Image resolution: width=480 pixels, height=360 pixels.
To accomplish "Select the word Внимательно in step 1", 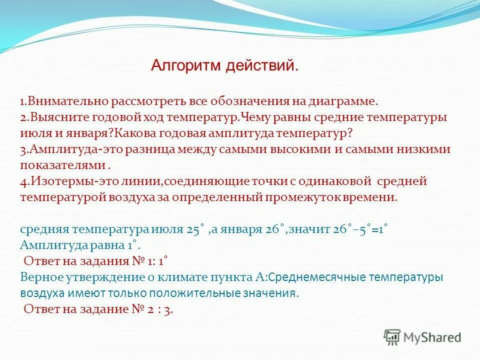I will point(60,101).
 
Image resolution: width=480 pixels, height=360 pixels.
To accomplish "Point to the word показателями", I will point(62,165).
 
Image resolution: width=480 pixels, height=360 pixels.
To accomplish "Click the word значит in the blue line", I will point(308,229).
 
